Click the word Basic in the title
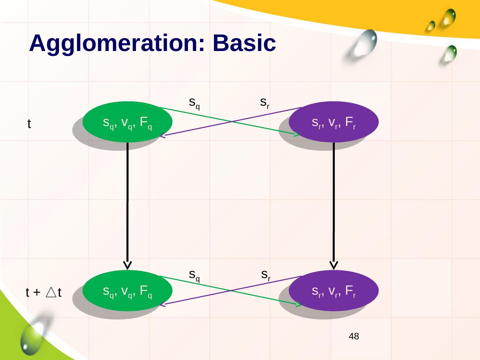[x=244, y=43]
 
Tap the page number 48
[x=354, y=336]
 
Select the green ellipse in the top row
[x=127, y=122]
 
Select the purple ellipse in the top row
[x=334, y=122]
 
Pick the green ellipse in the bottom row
[x=127, y=291]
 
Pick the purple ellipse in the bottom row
[x=334, y=291]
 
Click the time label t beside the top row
[x=29, y=124]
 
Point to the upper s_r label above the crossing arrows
[x=265, y=102]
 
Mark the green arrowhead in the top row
[x=297, y=135]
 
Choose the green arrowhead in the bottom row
[x=298, y=304]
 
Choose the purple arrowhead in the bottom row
[x=162, y=305]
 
